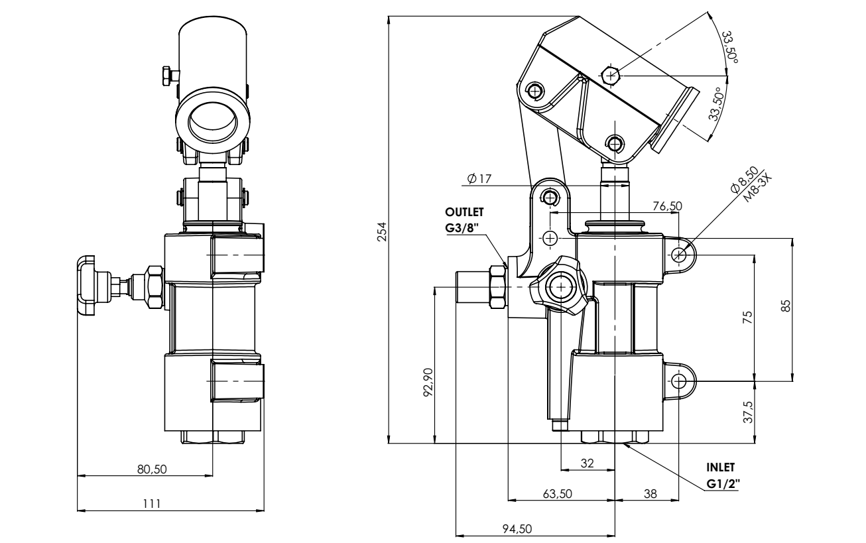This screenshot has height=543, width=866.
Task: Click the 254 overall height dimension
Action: click(382, 231)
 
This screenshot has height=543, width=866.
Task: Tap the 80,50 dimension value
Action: click(152, 469)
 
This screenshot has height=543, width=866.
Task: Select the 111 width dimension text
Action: click(152, 504)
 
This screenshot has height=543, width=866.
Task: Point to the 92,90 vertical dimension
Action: click(428, 382)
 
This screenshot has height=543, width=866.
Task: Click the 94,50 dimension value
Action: click(517, 528)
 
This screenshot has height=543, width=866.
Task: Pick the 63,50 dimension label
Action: click(558, 494)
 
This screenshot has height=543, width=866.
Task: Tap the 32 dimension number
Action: click(588, 463)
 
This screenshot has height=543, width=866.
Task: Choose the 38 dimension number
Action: click(650, 494)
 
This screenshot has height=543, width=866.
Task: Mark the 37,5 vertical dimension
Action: click(749, 412)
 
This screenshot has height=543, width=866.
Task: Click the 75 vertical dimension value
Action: click(749, 318)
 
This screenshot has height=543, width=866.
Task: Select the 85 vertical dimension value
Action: click(786, 306)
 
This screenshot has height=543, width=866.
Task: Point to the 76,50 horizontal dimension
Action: click(668, 206)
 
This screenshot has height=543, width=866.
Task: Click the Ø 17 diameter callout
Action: click(479, 178)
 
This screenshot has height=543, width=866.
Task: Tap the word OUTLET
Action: click(464, 212)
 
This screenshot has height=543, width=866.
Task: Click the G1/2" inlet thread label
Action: click(723, 483)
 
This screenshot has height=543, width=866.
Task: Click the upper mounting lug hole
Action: click(679, 255)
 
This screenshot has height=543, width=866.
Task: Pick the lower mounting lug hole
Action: click(679, 382)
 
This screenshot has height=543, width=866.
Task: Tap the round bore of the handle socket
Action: click(212, 122)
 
